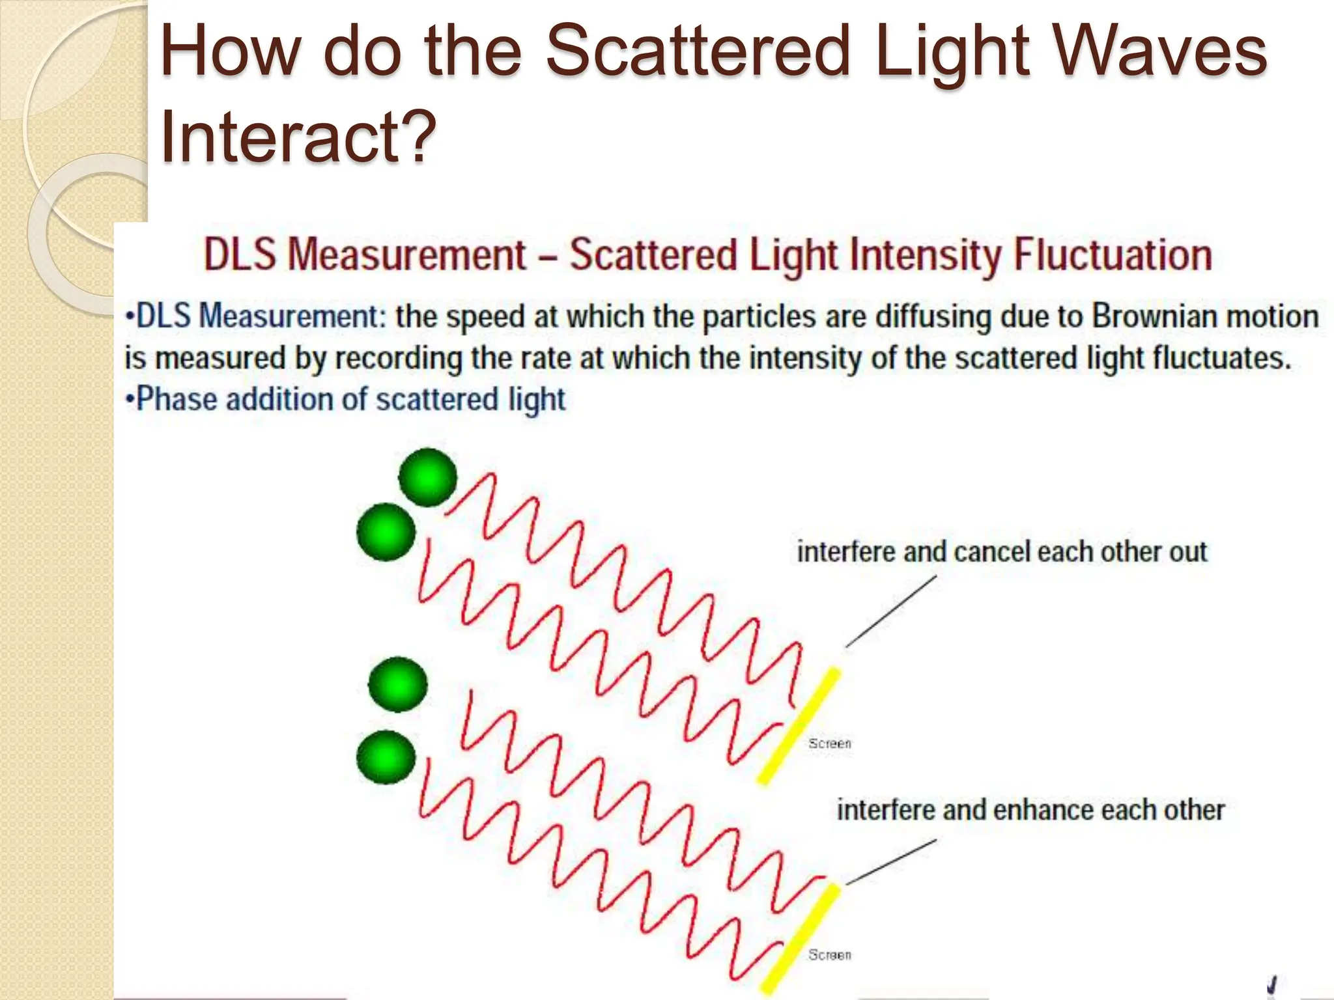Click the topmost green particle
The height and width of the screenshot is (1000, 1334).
[x=427, y=477]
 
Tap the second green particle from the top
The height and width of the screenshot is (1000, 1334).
[x=386, y=532]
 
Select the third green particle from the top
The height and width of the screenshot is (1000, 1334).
[x=398, y=684]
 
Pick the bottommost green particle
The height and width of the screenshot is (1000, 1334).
[x=386, y=757]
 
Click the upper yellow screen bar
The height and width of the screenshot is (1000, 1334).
[x=799, y=726]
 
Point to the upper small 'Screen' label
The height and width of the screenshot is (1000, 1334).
[x=829, y=743]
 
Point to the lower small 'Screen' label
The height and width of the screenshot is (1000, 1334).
[x=829, y=954]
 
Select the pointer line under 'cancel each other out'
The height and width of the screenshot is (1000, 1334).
[x=891, y=611]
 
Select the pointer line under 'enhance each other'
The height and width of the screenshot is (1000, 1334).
[x=891, y=862]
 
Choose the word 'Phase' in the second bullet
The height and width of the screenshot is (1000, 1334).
[x=176, y=400]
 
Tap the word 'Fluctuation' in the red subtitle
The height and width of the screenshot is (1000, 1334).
[x=1113, y=255]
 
